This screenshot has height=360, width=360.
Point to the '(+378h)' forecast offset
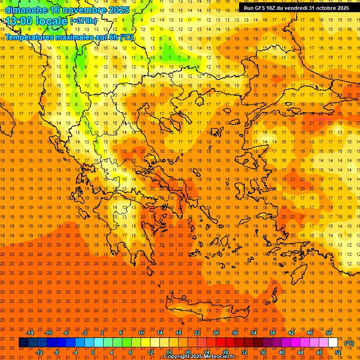(x=84, y=21)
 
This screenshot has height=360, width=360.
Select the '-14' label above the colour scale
(x=30, y=333)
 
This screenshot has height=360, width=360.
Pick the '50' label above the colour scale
(x=329, y=333)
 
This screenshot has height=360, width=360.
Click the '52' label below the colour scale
(x=338, y=352)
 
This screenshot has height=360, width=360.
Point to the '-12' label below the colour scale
(x=39, y=352)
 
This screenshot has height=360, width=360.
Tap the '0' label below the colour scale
(x=93, y=352)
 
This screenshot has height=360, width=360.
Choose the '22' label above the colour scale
(x=197, y=333)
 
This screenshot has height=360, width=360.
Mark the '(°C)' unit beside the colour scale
(x=349, y=343)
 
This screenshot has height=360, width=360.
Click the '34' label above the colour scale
(x=254, y=333)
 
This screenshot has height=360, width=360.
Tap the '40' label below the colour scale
(x=282, y=352)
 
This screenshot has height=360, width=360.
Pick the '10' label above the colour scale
(x=141, y=333)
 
